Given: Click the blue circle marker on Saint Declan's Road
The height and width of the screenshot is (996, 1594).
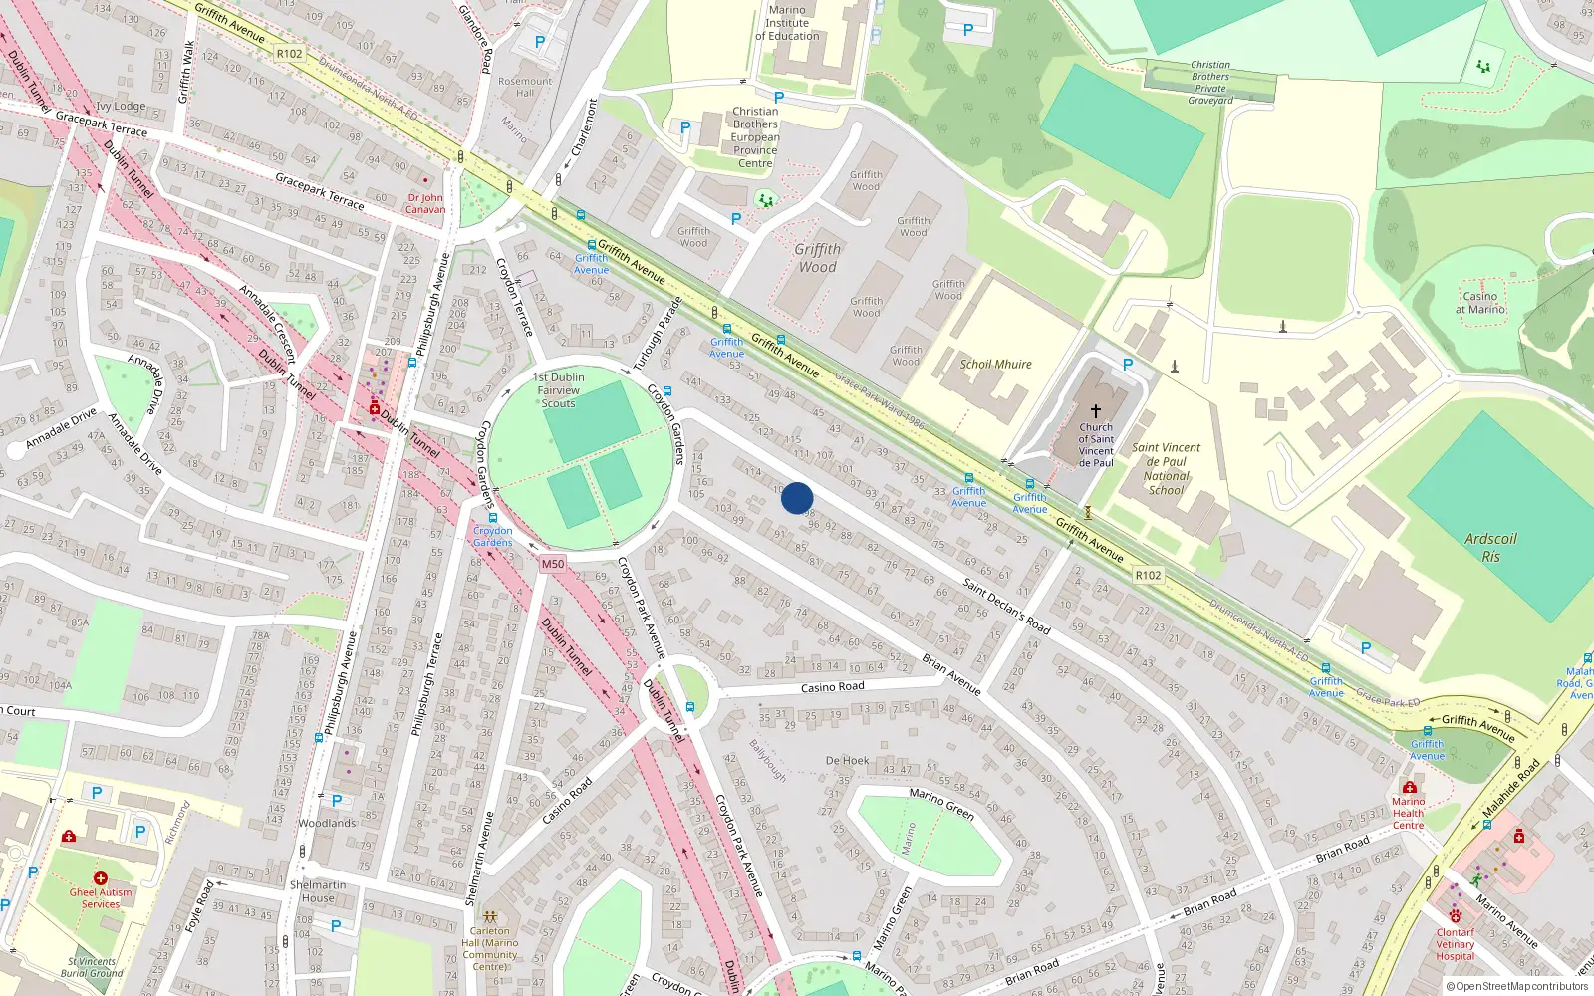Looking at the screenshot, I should pyautogui.click(x=797, y=498).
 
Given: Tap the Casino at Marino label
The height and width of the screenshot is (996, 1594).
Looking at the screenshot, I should pyautogui.click(x=1479, y=303).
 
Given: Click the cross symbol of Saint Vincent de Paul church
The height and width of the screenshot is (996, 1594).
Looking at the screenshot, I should pyautogui.click(x=1096, y=410).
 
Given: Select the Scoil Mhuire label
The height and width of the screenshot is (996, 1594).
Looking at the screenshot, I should pyautogui.click(x=995, y=365).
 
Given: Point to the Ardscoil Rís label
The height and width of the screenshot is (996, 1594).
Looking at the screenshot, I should pyautogui.click(x=1490, y=547).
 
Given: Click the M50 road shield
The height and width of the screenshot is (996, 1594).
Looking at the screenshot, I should pyautogui.click(x=553, y=564).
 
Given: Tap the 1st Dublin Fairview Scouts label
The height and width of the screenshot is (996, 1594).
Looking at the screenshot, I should pyautogui.click(x=559, y=390).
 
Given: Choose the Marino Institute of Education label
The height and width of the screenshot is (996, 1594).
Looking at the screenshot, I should pyautogui.click(x=787, y=23).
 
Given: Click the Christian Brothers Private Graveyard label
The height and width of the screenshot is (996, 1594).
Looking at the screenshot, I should pyautogui.click(x=1210, y=83).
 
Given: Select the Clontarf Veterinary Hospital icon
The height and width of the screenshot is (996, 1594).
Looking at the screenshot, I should pyautogui.click(x=1456, y=915).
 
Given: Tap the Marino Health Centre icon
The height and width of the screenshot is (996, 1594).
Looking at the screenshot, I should pyautogui.click(x=1409, y=787).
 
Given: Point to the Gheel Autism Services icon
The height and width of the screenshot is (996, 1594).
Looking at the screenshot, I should pyautogui.click(x=100, y=877).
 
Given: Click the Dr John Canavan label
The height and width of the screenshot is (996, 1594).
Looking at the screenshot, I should pyautogui.click(x=425, y=203).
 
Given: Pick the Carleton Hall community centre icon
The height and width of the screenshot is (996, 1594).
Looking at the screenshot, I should pyautogui.click(x=489, y=915).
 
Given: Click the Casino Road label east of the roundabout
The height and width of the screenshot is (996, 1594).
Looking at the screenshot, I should pyautogui.click(x=833, y=687).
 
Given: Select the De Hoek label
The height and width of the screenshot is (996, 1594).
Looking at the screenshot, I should pyautogui.click(x=847, y=761).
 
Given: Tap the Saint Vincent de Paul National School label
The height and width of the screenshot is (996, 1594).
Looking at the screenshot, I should pyautogui.click(x=1166, y=468).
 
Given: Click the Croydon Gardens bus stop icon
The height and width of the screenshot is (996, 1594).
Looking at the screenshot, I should pyautogui.click(x=492, y=518).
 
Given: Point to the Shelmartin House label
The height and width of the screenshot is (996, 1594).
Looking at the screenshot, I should pyautogui.click(x=318, y=891).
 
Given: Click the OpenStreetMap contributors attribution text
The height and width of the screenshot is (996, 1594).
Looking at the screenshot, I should pyautogui.click(x=1516, y=987).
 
